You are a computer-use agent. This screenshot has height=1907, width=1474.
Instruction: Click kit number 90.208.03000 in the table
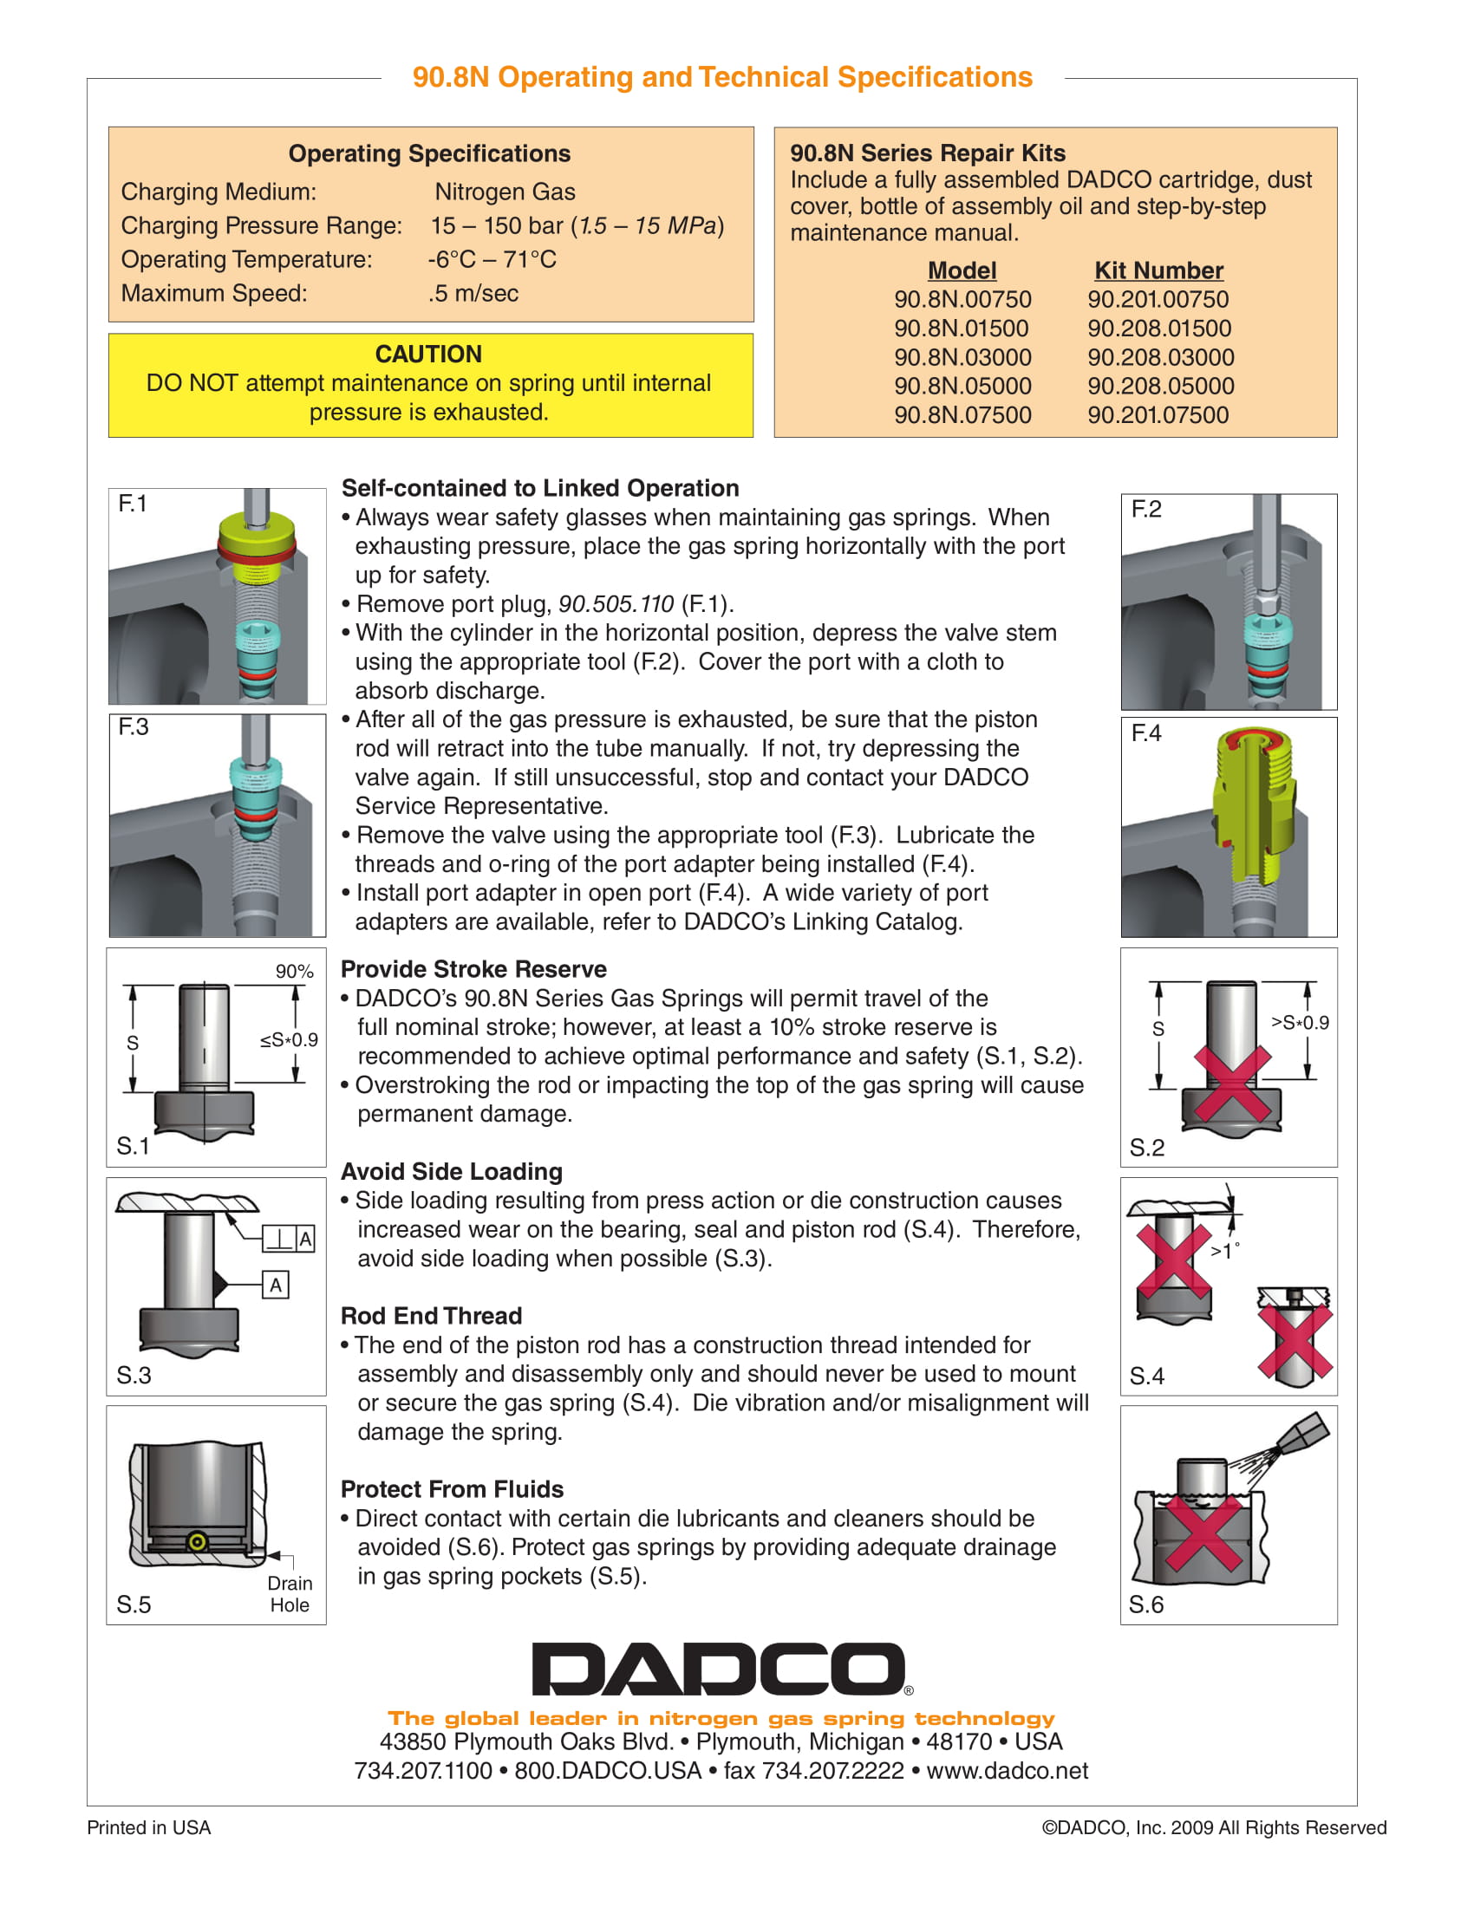[x=1160, y=357]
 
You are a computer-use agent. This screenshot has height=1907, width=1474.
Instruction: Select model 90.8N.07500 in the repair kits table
[x=962, y=414]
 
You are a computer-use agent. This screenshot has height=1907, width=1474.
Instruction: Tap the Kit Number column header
[x=1158, y=270]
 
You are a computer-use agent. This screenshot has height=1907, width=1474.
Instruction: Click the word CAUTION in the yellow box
[x=427, y=354]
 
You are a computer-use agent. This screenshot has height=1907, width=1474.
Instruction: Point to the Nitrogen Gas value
[x=505, y=192]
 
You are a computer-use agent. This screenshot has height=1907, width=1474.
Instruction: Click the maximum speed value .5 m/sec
[x=473, y=293]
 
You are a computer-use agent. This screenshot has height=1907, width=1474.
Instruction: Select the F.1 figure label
[x=133, y=504]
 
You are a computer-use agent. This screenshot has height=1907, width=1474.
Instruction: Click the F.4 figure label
[x=1146, y=732]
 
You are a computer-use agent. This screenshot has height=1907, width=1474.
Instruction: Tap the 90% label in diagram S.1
[x=294, y=971]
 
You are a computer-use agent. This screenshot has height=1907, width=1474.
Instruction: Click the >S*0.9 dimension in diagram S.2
[x=1300, y=1022]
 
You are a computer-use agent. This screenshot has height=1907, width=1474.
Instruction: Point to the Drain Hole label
[x=290, y=1593]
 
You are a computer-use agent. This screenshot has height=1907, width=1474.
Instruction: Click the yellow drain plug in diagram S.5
[x=198, y=1542]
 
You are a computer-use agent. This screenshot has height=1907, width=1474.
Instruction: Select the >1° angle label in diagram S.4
[x=1224, y=1250]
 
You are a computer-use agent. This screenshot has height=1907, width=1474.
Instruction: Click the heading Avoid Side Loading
[x=452, y=1171]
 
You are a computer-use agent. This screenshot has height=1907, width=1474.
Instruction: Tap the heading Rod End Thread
[x=432, y=1315]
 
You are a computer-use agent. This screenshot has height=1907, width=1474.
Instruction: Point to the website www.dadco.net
[x=1007, y=1770]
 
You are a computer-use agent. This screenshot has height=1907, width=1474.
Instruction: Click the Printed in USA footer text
[x=148, y=1827]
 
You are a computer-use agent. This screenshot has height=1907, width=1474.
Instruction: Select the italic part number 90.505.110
[x=616, y=603]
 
